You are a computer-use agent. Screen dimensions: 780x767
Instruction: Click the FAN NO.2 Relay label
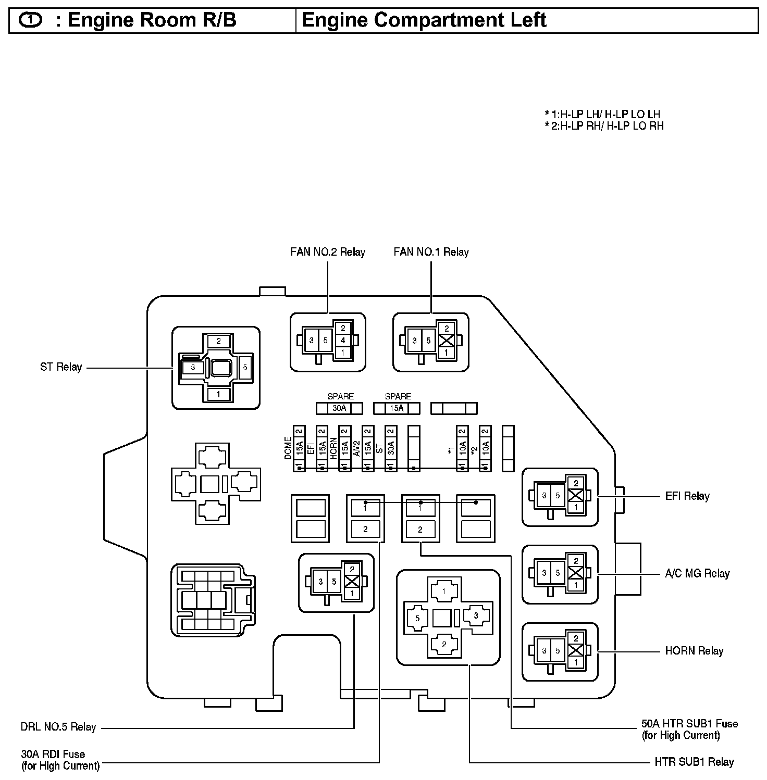click(328, 253)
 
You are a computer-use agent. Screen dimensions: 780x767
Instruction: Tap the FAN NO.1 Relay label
click(431, 253)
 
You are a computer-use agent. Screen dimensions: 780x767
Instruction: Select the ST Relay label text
click(61, 367)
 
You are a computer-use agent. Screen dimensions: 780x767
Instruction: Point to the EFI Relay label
click(687, 496)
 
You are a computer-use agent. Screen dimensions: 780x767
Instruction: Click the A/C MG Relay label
click(697, 574)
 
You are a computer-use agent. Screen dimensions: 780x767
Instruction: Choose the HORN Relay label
click(694, 651)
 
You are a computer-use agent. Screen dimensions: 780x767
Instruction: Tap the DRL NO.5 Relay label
click(58, 727)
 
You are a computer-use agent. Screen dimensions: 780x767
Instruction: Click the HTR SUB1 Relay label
click(694, 762)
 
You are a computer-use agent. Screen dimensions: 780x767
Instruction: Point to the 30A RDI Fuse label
click(53, 754)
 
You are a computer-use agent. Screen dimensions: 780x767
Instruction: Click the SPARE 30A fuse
click(339, 408)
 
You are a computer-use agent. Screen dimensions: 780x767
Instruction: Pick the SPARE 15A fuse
click(397, 408)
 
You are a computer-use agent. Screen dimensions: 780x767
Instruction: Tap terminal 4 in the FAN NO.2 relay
click(342, 341)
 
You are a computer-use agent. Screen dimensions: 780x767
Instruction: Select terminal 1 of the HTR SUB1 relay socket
click(443, 592)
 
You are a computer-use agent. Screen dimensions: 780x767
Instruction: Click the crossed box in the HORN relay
click(576, 650)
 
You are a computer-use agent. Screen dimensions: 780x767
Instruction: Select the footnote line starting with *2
click(604, 126)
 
